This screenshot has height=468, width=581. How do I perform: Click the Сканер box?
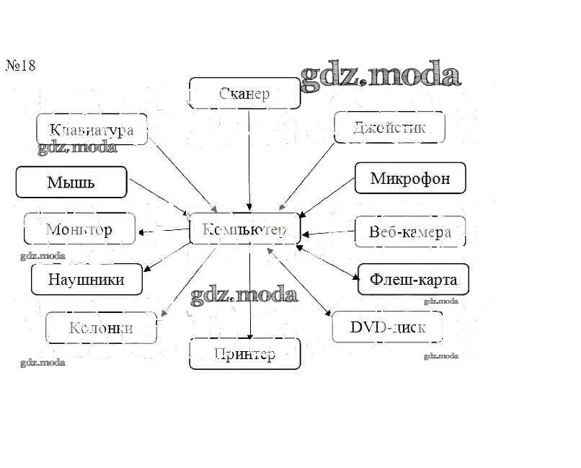click(244, 93)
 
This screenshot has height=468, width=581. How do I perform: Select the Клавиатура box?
click(92, 130)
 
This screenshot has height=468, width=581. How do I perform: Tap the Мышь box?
click(71, 182)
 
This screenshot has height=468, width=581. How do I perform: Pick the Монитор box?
click(79, 229)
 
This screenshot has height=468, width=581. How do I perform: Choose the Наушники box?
click(87, 279)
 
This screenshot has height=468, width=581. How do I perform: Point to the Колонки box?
click(101, 328)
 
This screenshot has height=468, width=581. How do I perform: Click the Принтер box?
click(244, 354)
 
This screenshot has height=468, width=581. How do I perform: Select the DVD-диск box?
click(387, 327)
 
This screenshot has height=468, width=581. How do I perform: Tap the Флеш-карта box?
click(413, 279)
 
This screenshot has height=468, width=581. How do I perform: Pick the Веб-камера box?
click(410, 231)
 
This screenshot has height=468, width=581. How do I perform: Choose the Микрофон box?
click(410, 178)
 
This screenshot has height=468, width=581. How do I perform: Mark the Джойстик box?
click(389, 128)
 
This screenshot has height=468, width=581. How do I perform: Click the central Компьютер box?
click(244, 229)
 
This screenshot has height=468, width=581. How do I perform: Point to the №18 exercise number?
click(21, 66)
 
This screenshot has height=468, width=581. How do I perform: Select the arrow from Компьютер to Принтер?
click(249, 292)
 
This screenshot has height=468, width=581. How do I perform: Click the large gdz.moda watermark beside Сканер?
click(380, 76)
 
